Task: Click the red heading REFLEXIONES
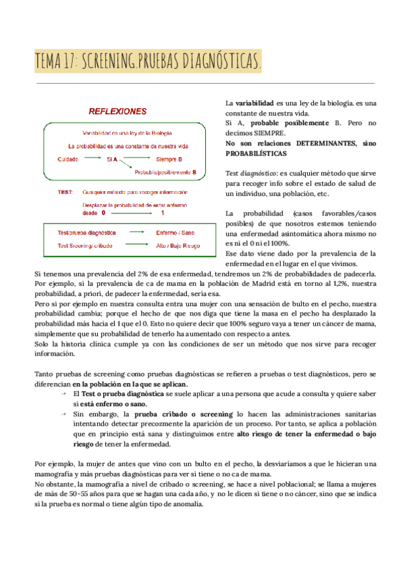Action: click(x=118, y=111)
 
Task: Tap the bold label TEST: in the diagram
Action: click(x=65, y=192)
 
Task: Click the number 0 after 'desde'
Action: click(x=103, y=212)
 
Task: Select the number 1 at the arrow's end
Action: click(x=162, y=212)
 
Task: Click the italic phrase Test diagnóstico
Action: click(x=250, y=174)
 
